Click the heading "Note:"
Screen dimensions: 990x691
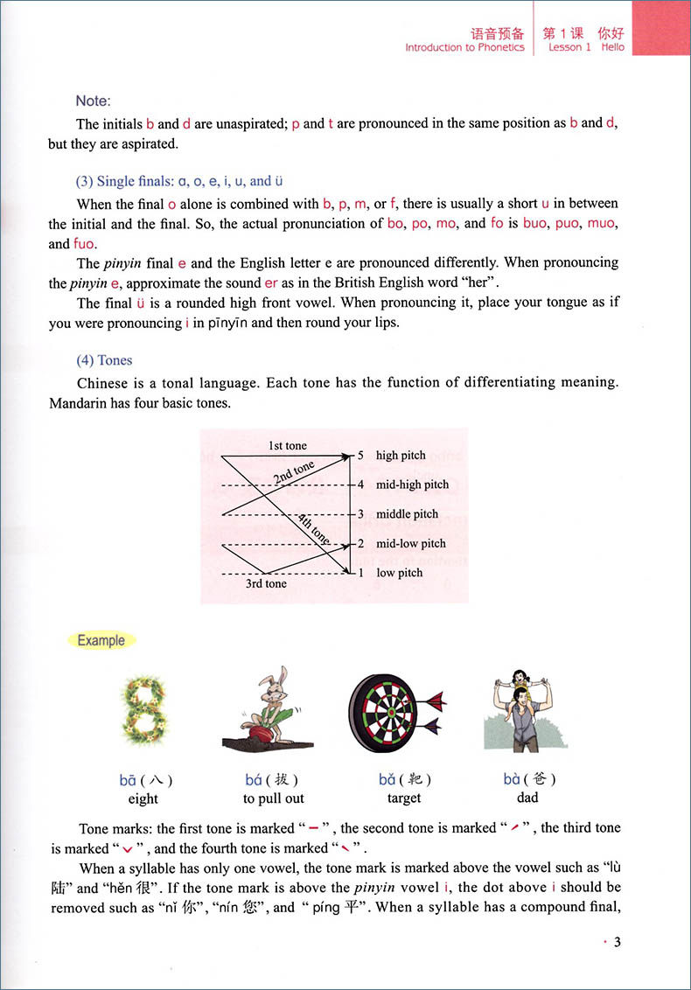pos(94,101)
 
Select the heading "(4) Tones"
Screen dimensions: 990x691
pos(105,359)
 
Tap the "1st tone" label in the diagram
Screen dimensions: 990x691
pos(288,446)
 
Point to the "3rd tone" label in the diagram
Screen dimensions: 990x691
pos(266,583)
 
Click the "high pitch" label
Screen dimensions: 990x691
pos(401,456)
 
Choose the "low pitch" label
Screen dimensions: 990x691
pos(399,573)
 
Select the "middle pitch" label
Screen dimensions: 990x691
pos(407,514)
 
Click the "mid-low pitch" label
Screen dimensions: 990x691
pos(410,544)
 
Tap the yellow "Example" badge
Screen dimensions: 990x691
pos(101,640)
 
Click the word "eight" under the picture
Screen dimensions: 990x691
pos(143,798)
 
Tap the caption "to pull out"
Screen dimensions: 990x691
pos(271,798)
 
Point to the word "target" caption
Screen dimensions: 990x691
pos(404,798)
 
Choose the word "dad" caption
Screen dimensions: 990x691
pos(527,798)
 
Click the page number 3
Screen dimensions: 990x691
pos(617,942)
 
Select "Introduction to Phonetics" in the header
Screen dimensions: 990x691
pos(464,48)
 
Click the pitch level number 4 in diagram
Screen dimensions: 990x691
pos(359,485)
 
